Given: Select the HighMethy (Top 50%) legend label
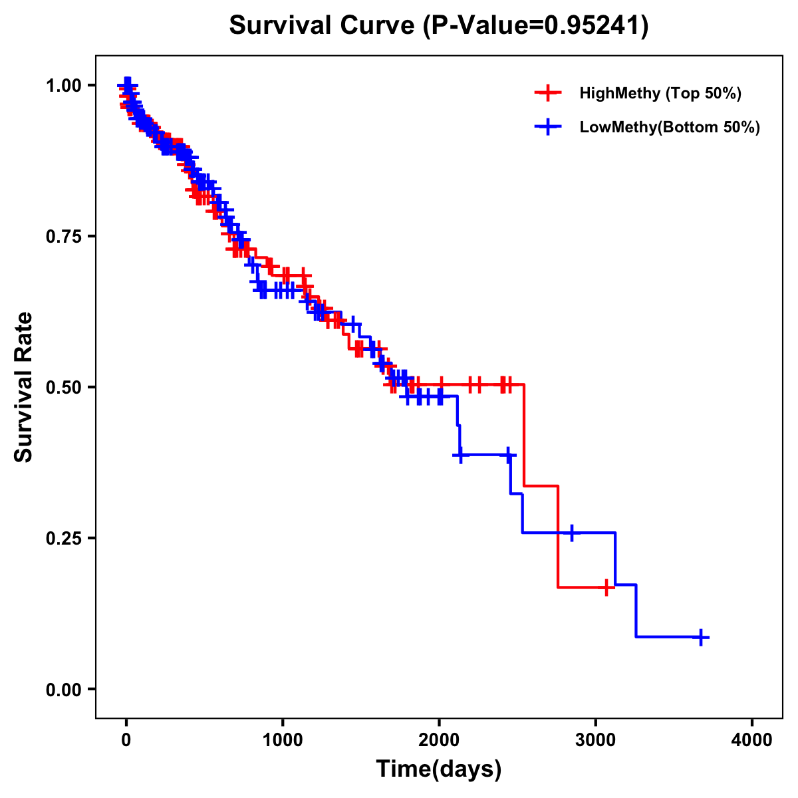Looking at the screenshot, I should pos(660,93).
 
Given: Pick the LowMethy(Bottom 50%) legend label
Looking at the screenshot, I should pos(670,127).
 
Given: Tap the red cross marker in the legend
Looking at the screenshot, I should pos(549,93).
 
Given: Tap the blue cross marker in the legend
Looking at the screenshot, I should pos(549,127).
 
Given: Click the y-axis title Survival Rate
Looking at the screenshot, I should pos(24,387).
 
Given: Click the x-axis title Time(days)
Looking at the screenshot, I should pos(439,769).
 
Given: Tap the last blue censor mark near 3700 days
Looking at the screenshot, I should pos(700,637).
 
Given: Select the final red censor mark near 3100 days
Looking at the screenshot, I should pos(606,587).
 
